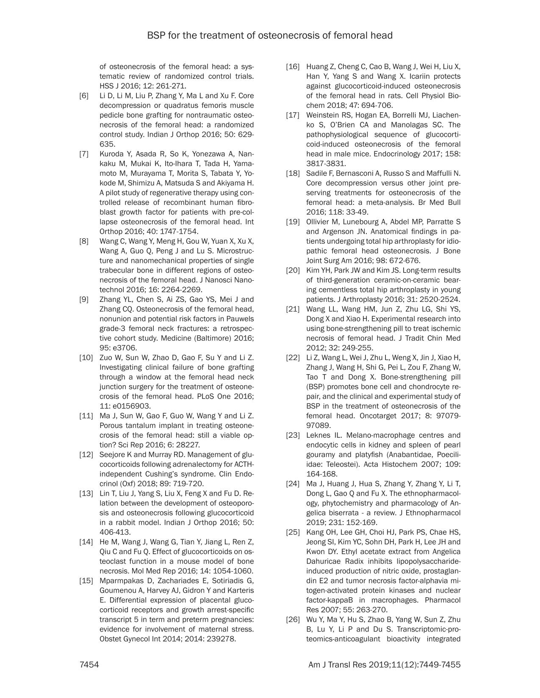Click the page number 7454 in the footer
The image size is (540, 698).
pyautogui.click(x=89, y=665)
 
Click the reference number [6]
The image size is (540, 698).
pyautogui.click(x=84, y=96)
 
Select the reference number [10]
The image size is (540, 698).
pyautogui.click(x=86, y=358)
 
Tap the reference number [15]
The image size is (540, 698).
pyautogui.click(x=86, y=580)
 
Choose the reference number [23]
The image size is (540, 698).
pyautogui.click(x=293, y=435)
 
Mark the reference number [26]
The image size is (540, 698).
pyautogui.click(x=293, y=620)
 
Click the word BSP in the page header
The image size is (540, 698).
pyautogui.click(x=156, y=36)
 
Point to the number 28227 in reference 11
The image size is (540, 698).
pyautogui.click(x=188, y=445)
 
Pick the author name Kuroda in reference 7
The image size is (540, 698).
pyautogui.click(x=111, y=154)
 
